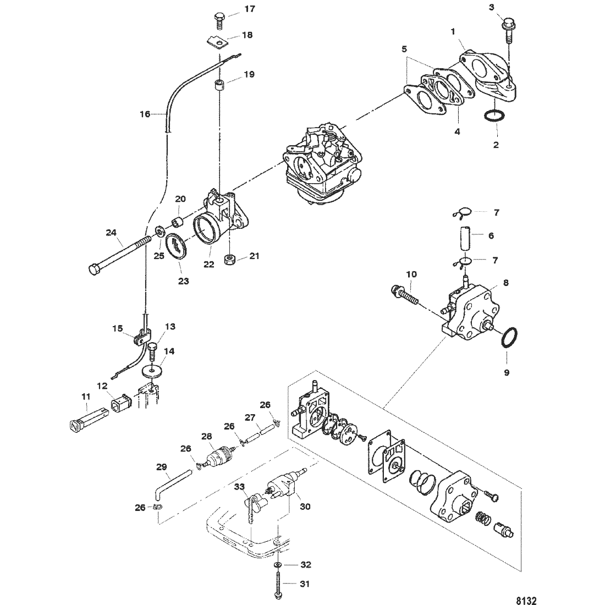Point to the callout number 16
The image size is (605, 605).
point(145,114)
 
